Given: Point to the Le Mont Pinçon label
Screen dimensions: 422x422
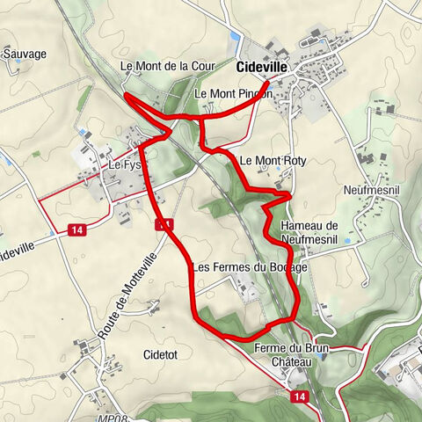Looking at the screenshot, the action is (233, 92).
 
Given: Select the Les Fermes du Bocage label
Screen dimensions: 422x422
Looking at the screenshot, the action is (250, 267).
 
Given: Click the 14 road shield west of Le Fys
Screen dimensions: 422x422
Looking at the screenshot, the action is (78, 230).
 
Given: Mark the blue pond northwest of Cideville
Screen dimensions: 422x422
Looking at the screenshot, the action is (233, 38).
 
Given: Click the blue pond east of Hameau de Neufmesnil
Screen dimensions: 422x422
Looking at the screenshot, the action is (350, 240).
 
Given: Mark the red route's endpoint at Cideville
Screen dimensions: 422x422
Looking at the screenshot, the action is (267, 82).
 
